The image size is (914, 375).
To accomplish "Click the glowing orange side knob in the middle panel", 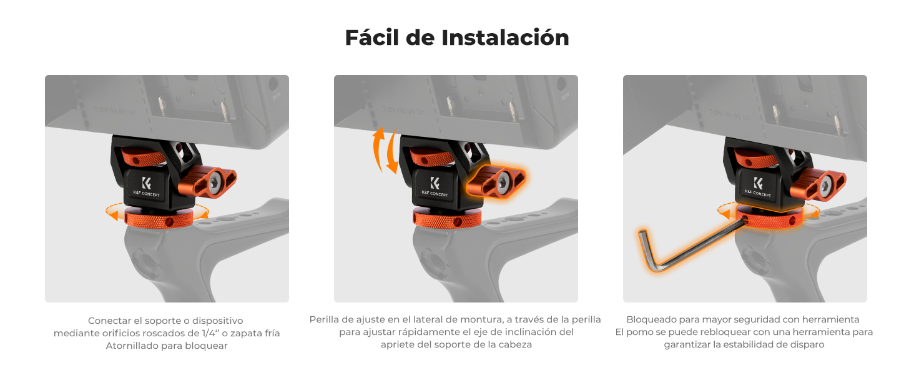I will [496, 182].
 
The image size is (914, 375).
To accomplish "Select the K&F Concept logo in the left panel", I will [146, 186].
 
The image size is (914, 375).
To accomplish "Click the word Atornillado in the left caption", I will [132, 346].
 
